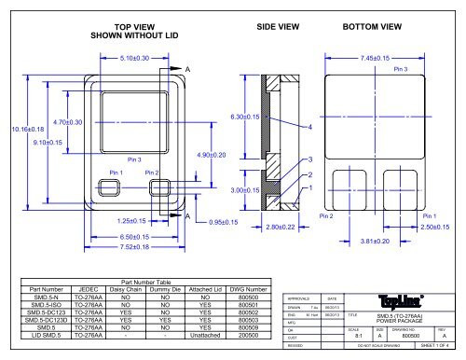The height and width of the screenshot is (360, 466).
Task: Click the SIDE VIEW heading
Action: coord(277,27)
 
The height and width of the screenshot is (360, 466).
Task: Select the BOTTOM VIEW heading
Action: coord(373,27)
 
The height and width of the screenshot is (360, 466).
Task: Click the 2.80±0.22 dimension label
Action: coord(280,227)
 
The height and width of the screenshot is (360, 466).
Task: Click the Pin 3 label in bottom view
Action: coord(402,70)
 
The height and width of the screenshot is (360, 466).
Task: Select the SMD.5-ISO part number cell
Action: coord(45,304)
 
